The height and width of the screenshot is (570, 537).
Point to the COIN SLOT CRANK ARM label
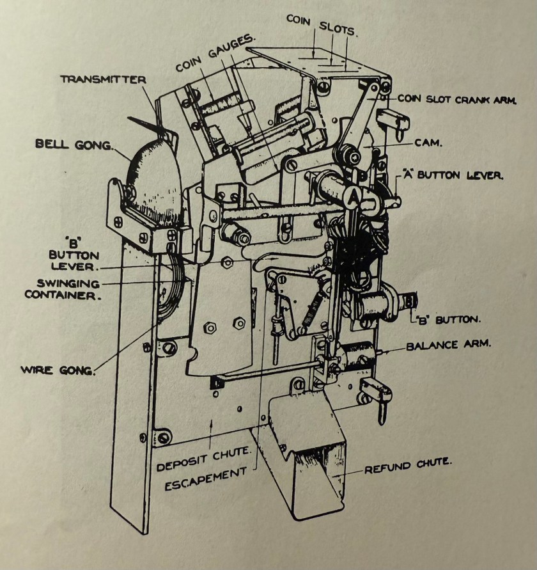pyautogui.click(x=456, y=99)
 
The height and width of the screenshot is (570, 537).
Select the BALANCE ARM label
pyautogui.click(x=449, y=345)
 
